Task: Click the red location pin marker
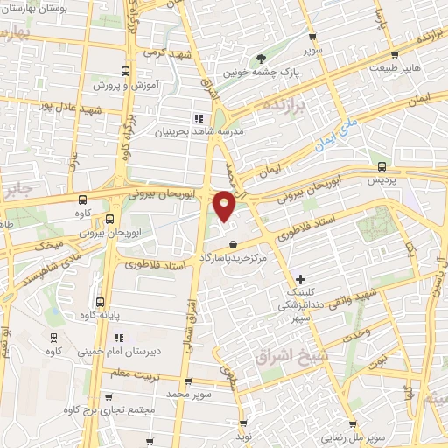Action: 225,205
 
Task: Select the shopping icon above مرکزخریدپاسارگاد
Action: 232,244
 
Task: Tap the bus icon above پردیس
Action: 381,164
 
